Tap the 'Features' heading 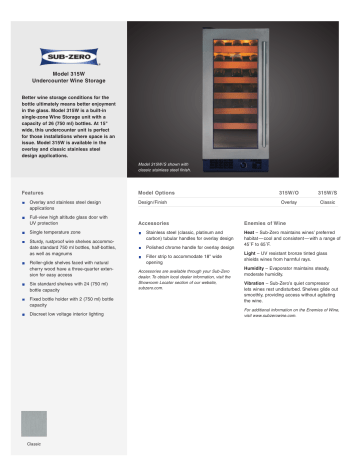(x=34, y=189)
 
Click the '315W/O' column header (x=286, y=189)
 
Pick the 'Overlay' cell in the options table (x=288, y=201)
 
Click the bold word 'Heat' (x=249, y=234)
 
